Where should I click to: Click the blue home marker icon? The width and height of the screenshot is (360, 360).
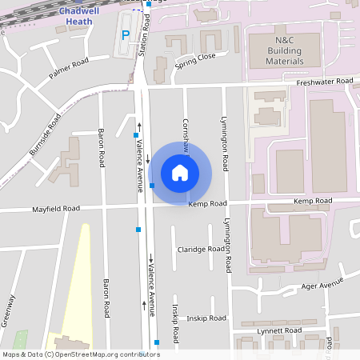click(180, 172)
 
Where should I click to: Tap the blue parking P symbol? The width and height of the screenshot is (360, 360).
click(125, 35)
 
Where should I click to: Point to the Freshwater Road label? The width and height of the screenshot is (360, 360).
click(324, 82)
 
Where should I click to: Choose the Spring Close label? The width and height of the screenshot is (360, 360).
click(195, 58)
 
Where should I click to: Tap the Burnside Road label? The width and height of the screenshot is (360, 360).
click(45, 134)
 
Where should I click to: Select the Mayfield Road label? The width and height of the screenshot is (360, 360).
click(56, 209)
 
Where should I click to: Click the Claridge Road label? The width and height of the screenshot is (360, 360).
click(201, 249)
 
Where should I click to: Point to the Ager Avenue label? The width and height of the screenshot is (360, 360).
click(322, 285)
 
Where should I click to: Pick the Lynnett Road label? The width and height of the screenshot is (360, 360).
click(280, 330)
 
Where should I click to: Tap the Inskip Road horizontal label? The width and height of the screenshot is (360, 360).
click(207, 318)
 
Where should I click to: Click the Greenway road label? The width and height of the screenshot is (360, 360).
click(10, 311)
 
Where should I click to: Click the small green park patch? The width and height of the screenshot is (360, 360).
click(20, 338)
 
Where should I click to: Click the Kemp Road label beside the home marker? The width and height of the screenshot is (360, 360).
click(208, 204)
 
